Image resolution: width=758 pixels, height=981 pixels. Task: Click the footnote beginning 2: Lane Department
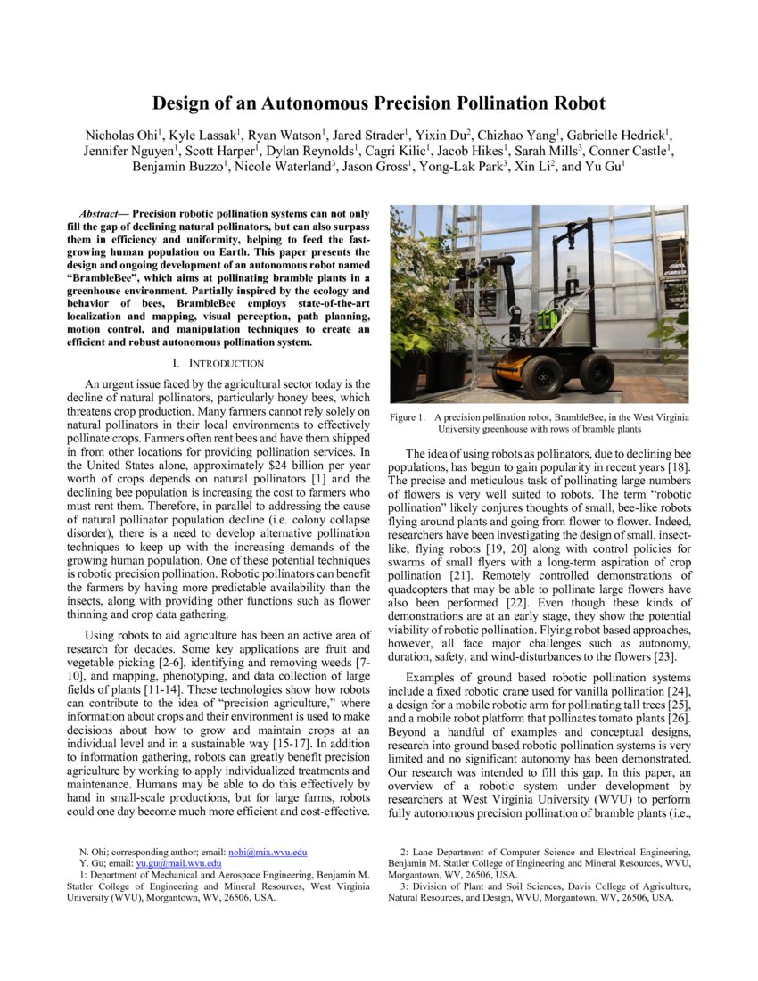tap(539, 863)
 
